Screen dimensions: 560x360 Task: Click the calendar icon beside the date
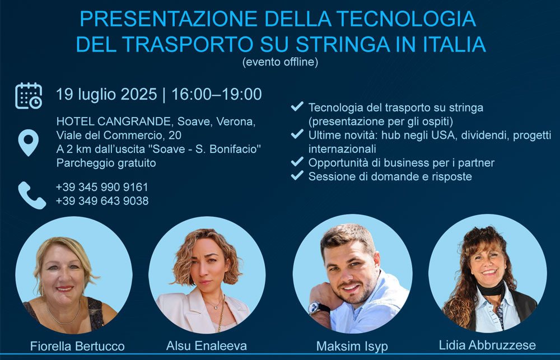(29, 96)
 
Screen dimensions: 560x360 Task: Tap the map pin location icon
(29, 143)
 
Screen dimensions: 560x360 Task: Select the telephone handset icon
(32, 195)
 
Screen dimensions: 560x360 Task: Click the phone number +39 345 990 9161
(102, 187)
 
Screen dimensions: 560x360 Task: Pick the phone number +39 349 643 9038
(102, 200)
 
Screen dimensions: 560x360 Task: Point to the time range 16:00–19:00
(216, 94)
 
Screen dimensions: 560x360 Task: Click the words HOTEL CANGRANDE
(114, 121)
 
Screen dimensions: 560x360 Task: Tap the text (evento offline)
(280, 62)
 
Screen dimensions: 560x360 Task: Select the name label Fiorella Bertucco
(77, 346)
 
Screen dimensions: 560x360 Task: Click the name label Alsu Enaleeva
(207, 345)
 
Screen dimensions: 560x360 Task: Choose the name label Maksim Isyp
(352, 347)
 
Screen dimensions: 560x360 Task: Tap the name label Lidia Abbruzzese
(487, 345)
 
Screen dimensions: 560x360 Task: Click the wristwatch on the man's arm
(317, 308)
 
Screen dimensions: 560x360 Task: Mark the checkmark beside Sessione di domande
(297, 175)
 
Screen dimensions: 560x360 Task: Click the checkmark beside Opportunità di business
(297, 162)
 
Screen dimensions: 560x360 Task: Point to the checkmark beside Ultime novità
(297, 134)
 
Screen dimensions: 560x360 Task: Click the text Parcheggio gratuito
(106, 163)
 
